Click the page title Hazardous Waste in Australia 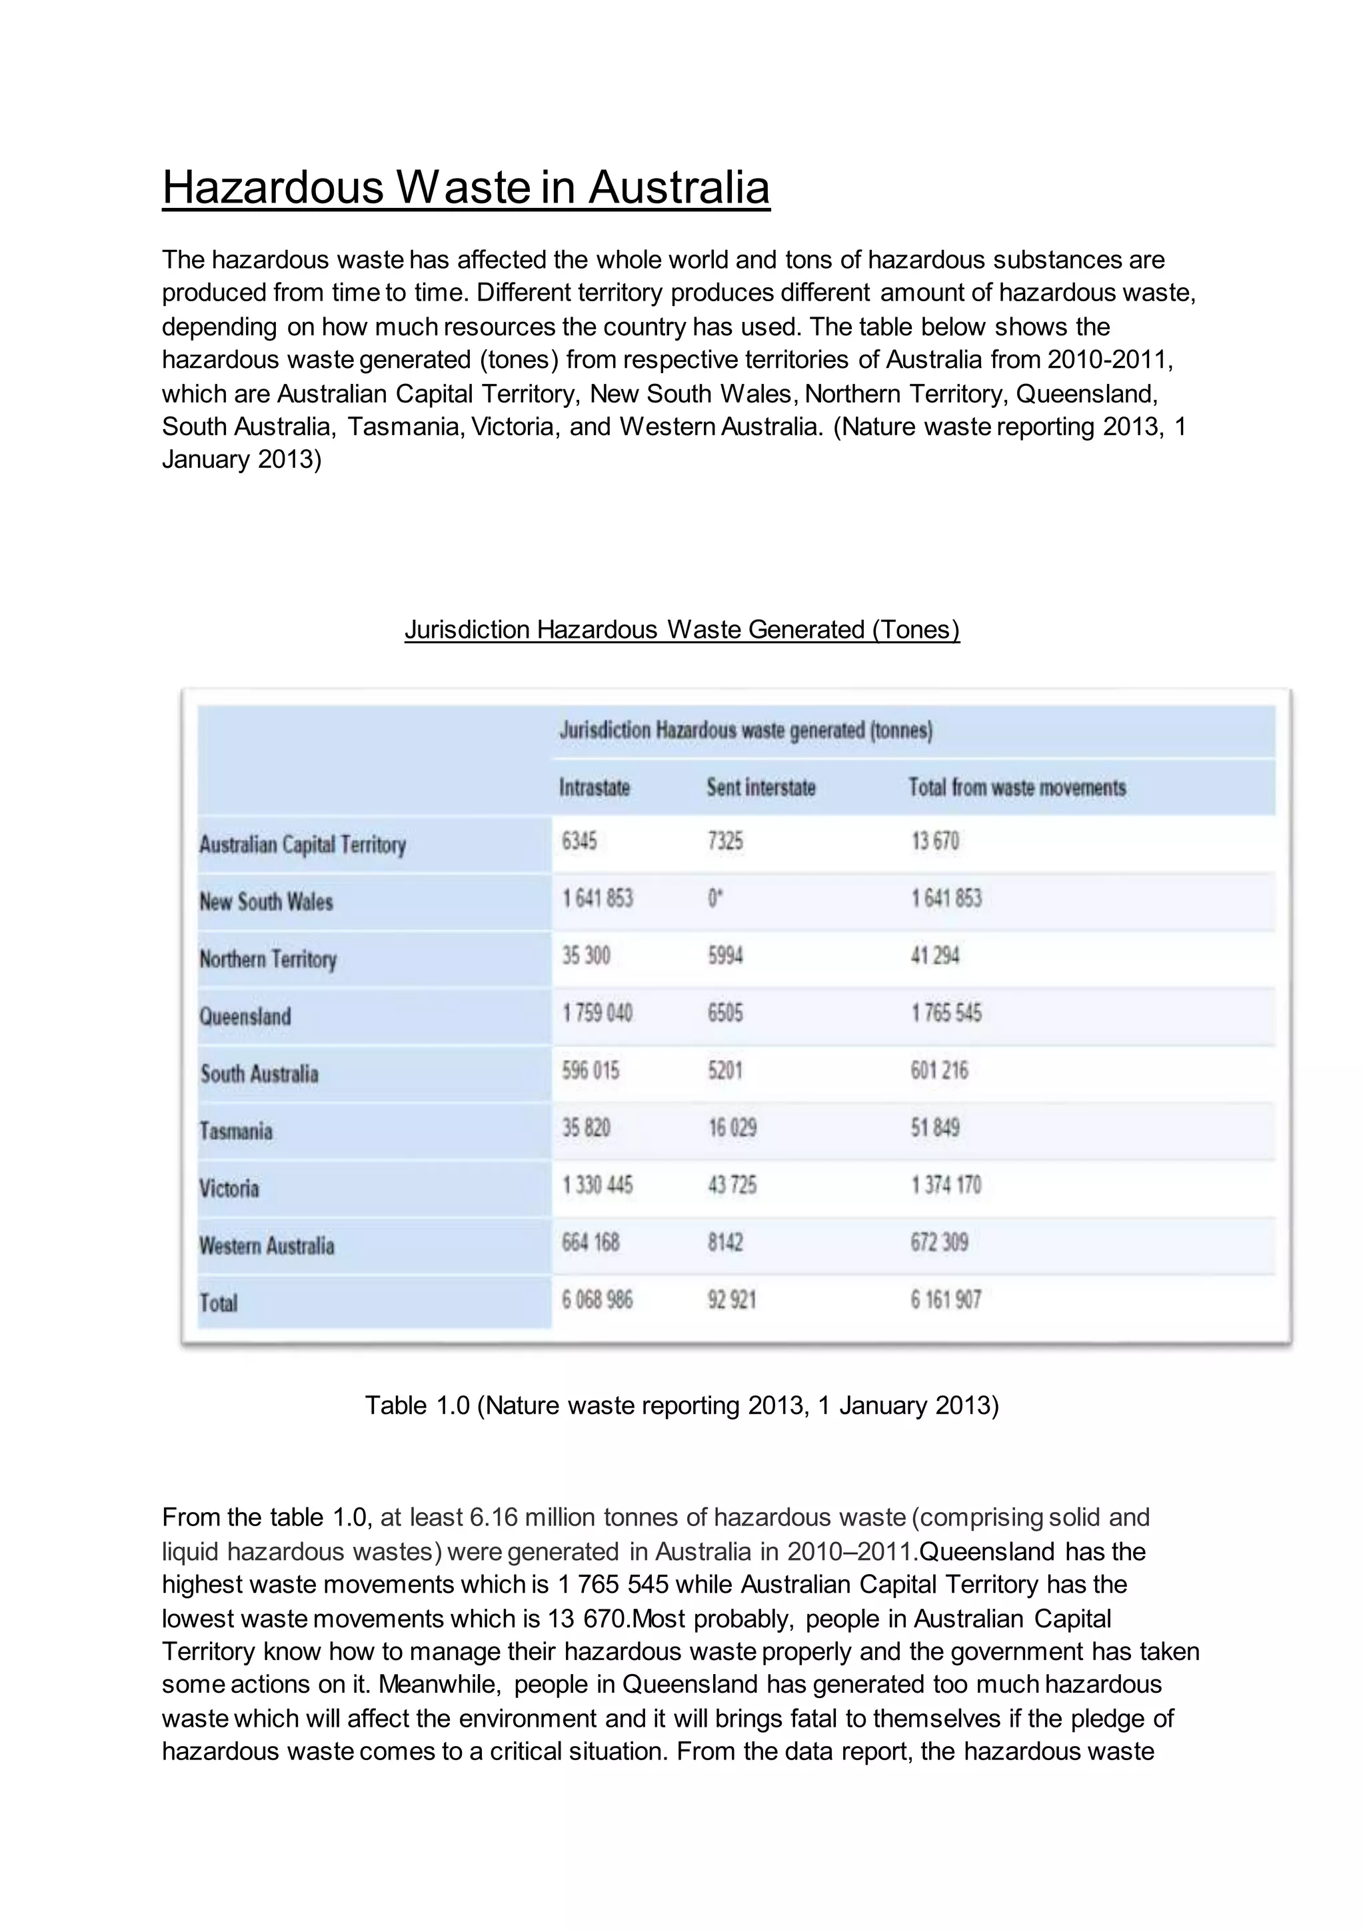click(466, 187)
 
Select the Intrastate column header click(595, 788)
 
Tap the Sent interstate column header click(760, 788)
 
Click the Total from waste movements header click(1017, 788)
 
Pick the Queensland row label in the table click(245, 1016)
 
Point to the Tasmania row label click(236, 1130)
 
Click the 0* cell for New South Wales click(714, 898)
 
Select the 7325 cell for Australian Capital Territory click(724, 842)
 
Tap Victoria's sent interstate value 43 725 click(731, 1185)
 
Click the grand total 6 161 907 click(946, 1300)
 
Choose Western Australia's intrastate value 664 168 click(591, 1242)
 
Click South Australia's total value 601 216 click(939, 1070)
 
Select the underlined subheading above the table click(682, 630)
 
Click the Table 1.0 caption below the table click(682, 1406)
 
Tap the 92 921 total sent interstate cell click(731, 1300)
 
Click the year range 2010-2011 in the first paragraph click(1107, 360)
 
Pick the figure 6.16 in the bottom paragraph click(491, 1517)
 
